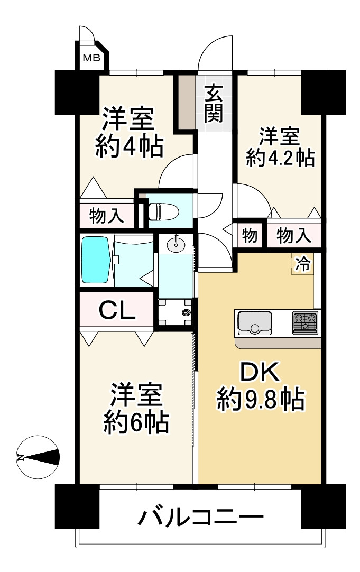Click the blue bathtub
[96, 260]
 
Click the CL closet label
[118, 311]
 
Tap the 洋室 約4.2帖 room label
[280, 147]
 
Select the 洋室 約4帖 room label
[128, 132]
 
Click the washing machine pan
[176, 313]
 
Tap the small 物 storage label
[250, 236]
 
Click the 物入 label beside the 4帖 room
[107, 216]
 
